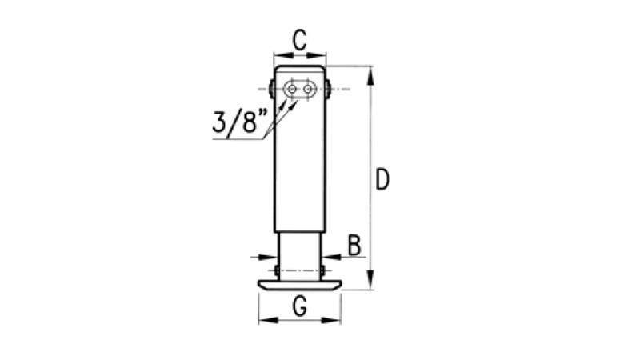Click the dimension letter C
[299, 40]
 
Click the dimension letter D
[382, 179]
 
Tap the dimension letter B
[354, 246]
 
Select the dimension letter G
[300, 306]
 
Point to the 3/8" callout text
[239, 123]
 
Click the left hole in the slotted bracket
[291, 89]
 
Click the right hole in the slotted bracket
[307, 89]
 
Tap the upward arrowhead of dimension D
[370, 75]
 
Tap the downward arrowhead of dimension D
[370, 280]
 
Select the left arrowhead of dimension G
[268, 321]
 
